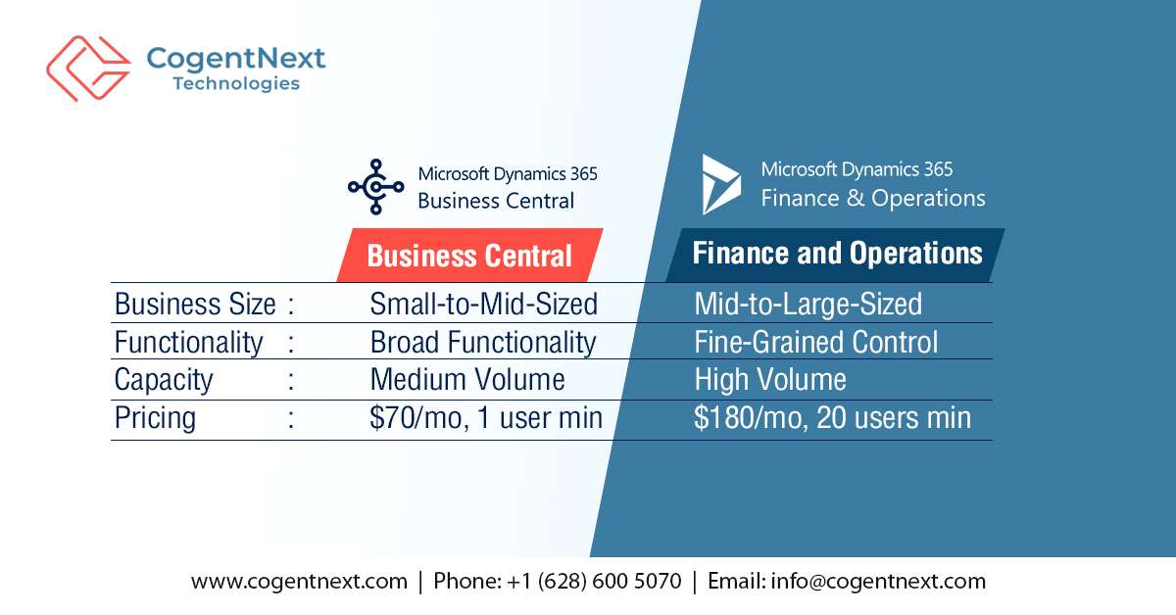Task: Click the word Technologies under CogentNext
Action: pos(236,83)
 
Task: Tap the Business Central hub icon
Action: pos(375,187)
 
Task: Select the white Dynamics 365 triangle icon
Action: pos(721,184)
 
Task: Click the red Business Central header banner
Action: pos(469,257)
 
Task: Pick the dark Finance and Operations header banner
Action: pos(837,255)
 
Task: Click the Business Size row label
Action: pos(195,305)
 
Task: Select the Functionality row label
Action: pos(188,343)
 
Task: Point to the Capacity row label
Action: pos(164,380)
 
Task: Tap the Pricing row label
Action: pos(155,418)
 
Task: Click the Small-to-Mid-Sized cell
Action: pos(483,305)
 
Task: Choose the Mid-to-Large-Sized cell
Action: pos(808,305)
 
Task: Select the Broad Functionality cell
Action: pos(482,343)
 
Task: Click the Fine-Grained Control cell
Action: pos(815,342)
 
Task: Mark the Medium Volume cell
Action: pos(466,380)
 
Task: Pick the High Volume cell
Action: pos(770,380)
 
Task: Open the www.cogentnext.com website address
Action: pos(299,581)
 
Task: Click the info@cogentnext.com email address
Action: pos(878,581)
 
